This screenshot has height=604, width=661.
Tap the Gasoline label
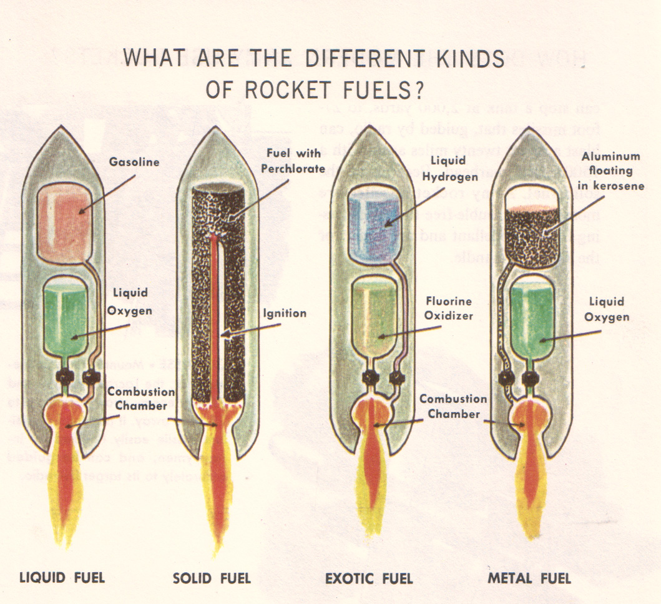134,162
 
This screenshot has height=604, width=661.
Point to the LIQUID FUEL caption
62,577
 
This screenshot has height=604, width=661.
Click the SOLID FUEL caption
212,578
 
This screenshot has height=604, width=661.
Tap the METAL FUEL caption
529,578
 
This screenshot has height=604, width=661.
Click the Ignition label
284,313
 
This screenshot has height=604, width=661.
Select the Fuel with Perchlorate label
293,161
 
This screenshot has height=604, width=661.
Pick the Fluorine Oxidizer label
448,309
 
